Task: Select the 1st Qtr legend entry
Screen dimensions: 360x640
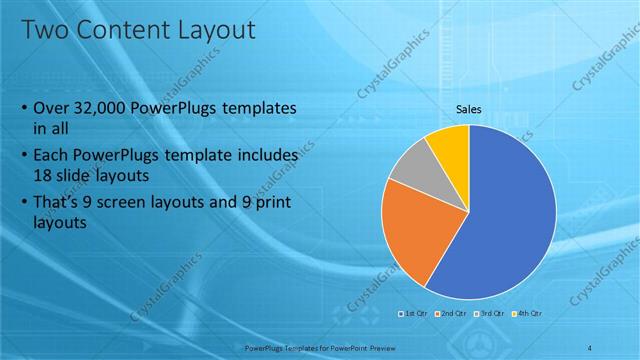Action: (415, 315)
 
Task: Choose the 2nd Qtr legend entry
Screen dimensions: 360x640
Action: (451, 315)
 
